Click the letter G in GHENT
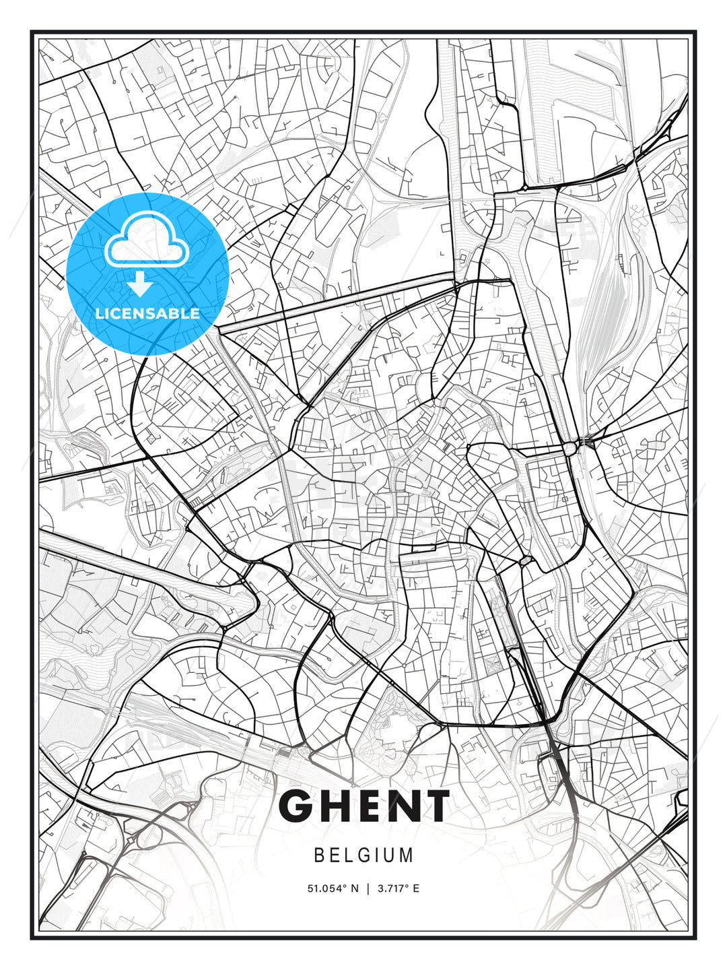(296, 806)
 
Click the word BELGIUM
(363, 855)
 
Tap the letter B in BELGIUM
(318, 855)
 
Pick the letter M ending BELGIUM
(407, 855)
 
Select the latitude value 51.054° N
(333, 888)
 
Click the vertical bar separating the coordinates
(368, 888)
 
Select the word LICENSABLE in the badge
(147, 313)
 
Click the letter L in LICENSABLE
(98, 313)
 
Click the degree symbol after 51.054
(345, 886)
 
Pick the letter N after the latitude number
(355, 888)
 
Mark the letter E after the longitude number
(416, 888)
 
